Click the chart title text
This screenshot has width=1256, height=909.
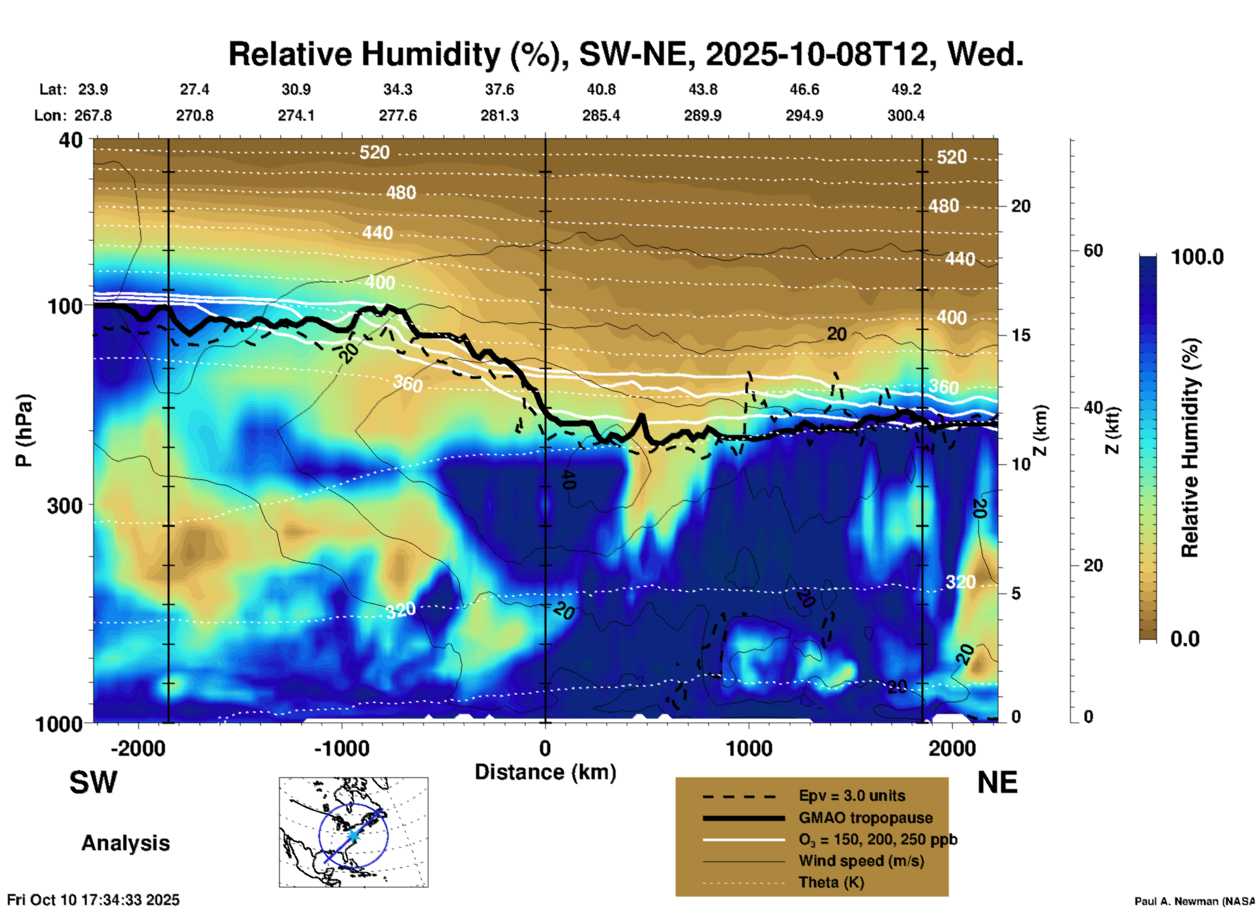pyautogui.click(x=625, y=54)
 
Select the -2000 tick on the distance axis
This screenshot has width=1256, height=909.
pyautogui.click(x=138, y=748)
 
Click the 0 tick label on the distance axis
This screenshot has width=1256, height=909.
pyautogui.click(x=545, y=748)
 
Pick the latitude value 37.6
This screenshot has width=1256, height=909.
pyautogui.click(x=499, y=89)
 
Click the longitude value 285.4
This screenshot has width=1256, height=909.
pyautogui.click(x=601, y=115)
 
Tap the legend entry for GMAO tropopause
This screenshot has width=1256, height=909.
pyautogui.click(x=865, y=818)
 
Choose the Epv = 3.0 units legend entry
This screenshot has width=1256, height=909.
pyautogui.click(x=852, y=796)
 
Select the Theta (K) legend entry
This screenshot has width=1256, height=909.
pyautogui.click(x=831, y=882)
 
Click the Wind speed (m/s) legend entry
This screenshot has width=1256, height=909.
pyautogui.click(x=861, y=861)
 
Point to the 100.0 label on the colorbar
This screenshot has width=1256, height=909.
pyautogui.click(x=1197, y=257)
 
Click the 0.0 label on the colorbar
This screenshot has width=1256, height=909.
pyautogui.click(x=1185, y=639)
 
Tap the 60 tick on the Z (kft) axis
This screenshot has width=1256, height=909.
pyautogui.click(x=1093, y=250)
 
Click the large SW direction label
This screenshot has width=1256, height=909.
pyautogui.click(x=93, y=782)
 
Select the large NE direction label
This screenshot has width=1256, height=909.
pyautogui.click(x=997, y=782)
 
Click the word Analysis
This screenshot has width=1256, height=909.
pyautogui.click(x=125, y=843)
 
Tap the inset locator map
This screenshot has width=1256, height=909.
pyautogui.click(x=353, y=831)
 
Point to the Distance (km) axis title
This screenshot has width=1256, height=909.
pyautogui.click(x=545, y=772)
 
